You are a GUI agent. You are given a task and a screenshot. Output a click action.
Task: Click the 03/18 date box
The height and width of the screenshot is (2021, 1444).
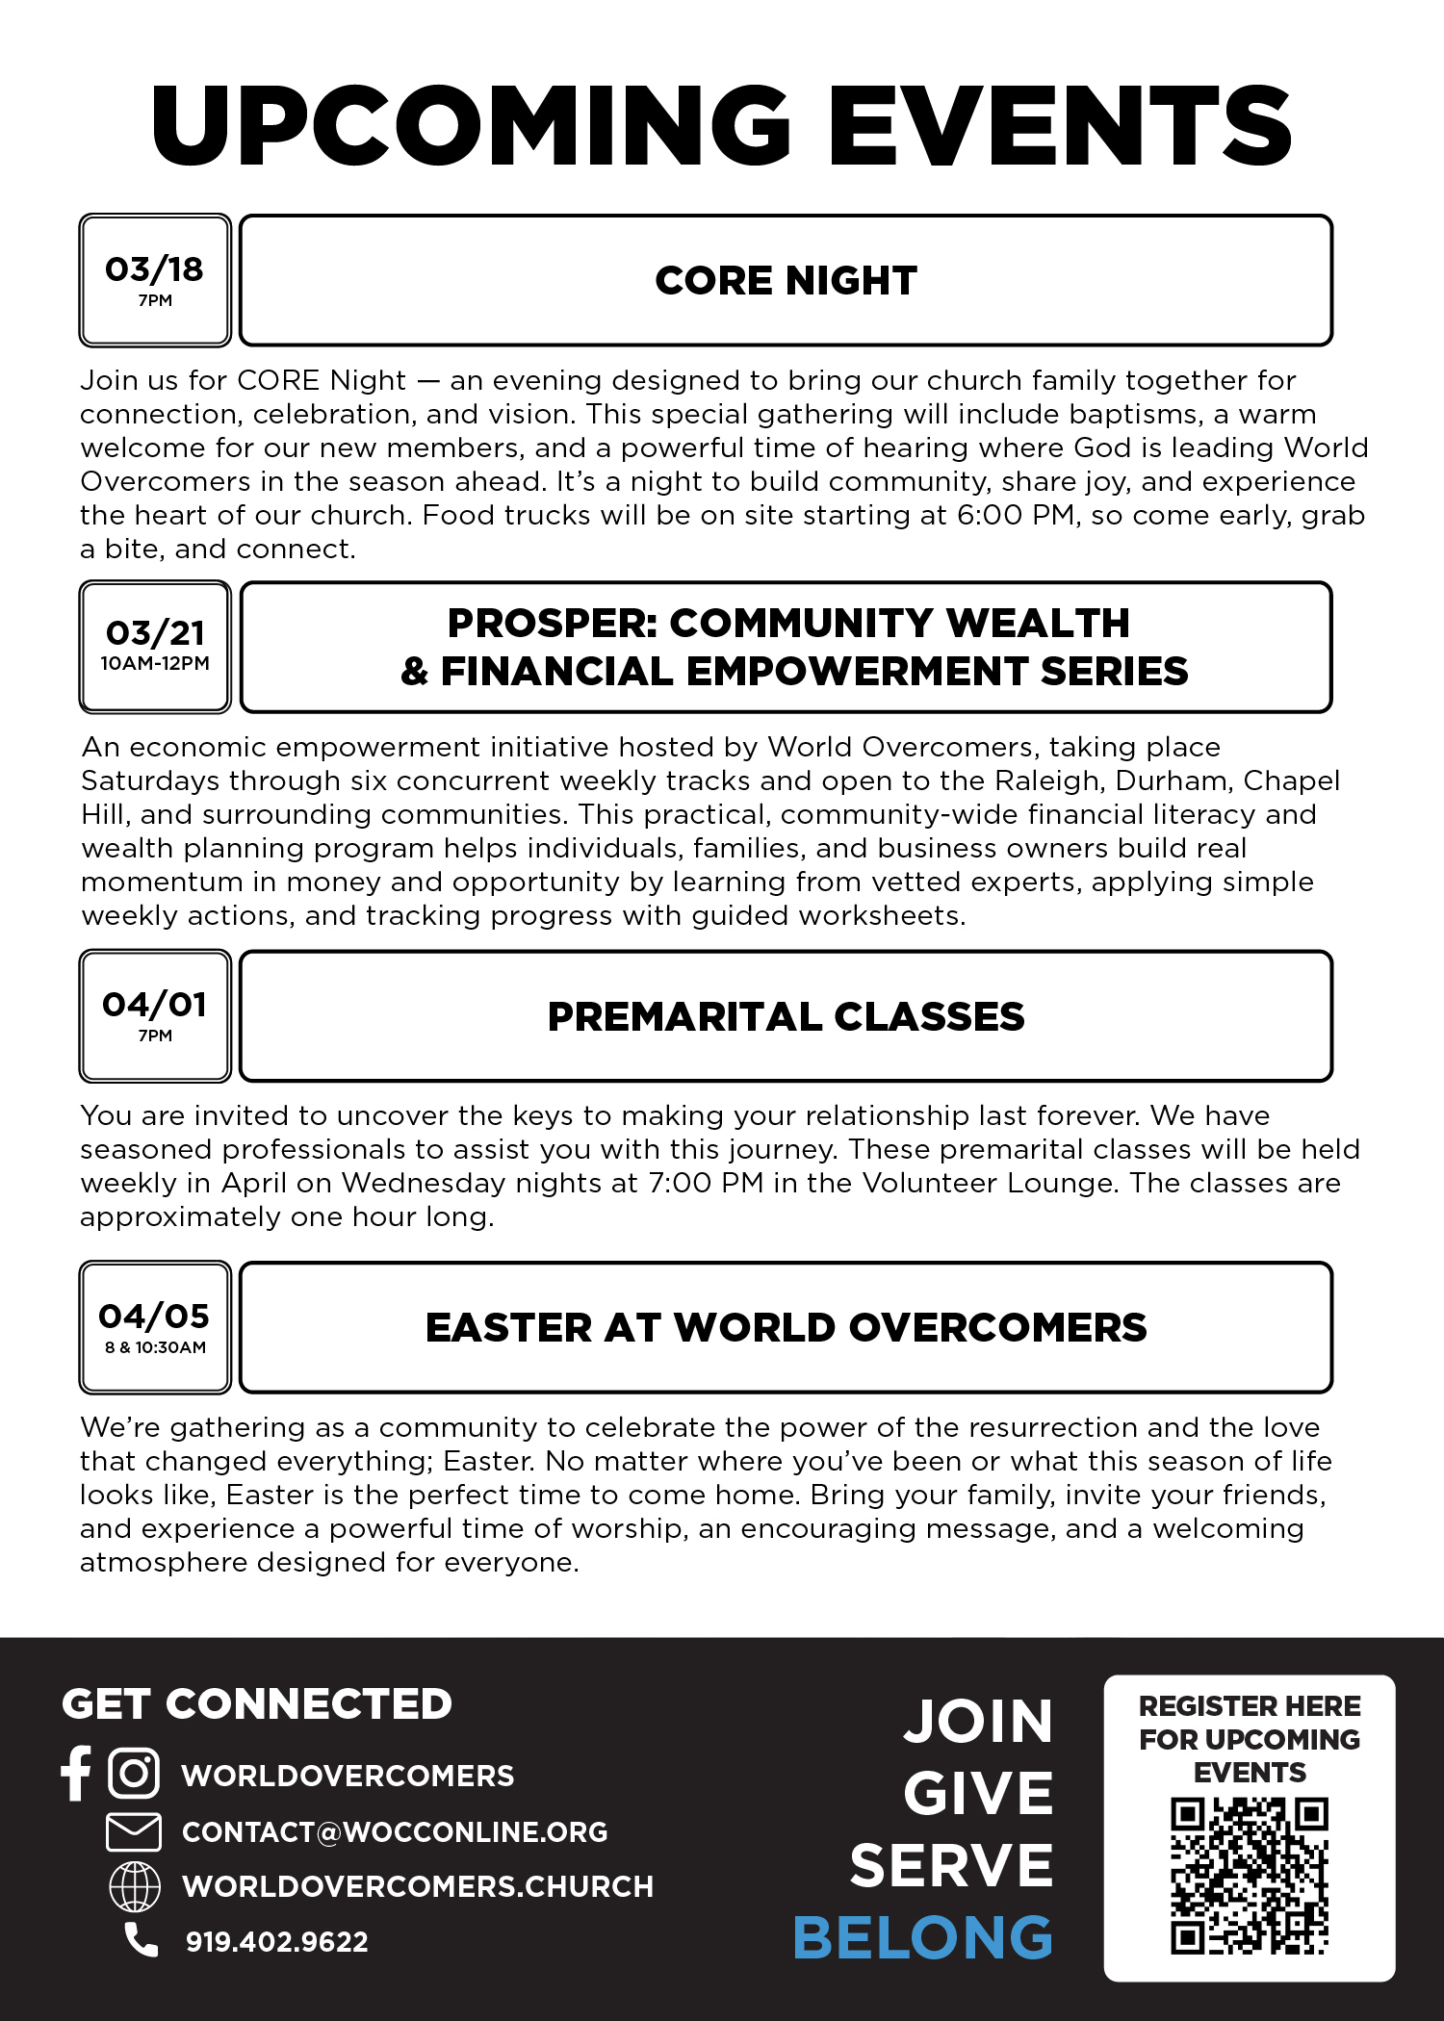[x=155, y=279]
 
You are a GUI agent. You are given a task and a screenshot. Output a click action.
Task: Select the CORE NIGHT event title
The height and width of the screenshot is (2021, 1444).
[x=786, y=281]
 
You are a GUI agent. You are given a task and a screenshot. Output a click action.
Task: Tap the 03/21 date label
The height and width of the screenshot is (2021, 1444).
[x=155, y=633]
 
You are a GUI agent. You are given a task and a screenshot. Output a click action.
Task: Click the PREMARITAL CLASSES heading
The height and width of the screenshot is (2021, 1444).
[x=786, y=1017]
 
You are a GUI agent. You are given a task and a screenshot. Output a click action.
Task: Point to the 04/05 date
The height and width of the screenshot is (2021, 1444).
[x=154, y=1316]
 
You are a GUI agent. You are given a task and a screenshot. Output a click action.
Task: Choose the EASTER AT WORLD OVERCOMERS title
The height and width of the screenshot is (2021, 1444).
[x=786, y=1328]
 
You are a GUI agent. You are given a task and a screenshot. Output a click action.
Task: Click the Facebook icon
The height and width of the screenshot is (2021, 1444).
[x=75, y=1773]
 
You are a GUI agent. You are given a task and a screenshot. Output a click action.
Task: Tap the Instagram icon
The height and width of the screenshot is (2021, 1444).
[x=134, y=1773]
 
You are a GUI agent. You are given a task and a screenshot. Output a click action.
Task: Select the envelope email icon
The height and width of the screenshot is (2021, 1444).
[x=134, y=1831]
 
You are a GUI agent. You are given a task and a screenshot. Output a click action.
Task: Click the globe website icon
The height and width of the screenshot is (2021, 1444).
[x=135, y=1886]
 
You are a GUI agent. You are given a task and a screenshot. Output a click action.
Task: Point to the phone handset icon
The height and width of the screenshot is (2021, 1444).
[x=142, y=1940]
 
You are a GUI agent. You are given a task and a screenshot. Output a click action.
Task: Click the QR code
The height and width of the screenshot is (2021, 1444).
[x=1250, y=1876]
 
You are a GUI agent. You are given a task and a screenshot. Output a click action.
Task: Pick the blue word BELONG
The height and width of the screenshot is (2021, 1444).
[x=923, y=1937]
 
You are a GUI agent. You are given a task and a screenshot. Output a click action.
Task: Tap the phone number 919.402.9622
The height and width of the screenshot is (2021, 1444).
[x=277, y=1942]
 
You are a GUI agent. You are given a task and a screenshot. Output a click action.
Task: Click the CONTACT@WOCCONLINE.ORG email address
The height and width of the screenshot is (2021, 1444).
[x=395, y=1832]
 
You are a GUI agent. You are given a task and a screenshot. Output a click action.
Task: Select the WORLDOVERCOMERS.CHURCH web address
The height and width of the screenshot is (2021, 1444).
[x=418, y=1886]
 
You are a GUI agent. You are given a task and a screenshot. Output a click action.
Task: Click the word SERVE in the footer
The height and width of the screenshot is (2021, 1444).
[x=951, y=1866]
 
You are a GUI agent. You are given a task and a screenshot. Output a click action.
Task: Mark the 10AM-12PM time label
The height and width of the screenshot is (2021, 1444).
[x=155, y=663]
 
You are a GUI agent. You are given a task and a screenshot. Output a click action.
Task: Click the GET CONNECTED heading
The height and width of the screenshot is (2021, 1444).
[x=257, y=1704]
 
